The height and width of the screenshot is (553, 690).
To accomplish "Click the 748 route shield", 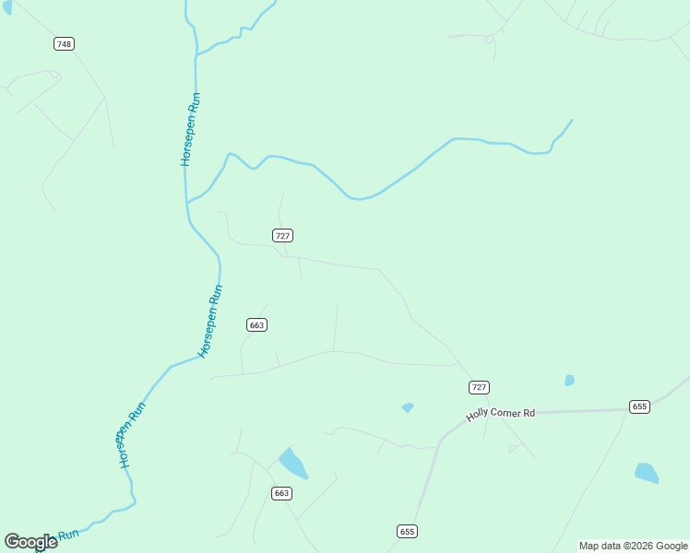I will click(64, 44).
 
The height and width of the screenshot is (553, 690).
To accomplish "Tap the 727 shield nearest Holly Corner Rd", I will click(479, 387).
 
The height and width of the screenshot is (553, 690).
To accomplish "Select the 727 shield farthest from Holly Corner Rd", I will click(283, 236).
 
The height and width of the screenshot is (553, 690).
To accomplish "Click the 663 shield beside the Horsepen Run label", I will click(256, 324).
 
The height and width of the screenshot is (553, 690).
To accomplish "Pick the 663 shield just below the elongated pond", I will click(281, 494).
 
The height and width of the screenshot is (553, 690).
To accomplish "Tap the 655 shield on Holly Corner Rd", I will click(640, 406).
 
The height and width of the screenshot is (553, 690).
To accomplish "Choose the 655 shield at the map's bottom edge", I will click(408, 531).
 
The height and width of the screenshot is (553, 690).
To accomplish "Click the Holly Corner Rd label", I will click(501, 414).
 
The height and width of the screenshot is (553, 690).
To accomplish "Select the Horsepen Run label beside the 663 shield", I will click(211, 321).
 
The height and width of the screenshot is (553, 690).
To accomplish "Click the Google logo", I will click(30, 542).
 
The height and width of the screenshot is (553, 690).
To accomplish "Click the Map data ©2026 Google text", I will click(634, 546).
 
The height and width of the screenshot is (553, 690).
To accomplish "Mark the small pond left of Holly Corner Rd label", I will click(408, 407).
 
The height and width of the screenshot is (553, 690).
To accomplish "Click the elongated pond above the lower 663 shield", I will click(293, 464).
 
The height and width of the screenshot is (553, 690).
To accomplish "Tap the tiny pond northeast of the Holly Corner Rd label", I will click(569, 380).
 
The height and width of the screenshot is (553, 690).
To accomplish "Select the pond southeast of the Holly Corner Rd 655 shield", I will click(647, 473).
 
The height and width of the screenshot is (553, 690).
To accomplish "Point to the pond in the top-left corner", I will click(7, 6).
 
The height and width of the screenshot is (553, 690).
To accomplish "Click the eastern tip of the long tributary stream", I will click(572, 120).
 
